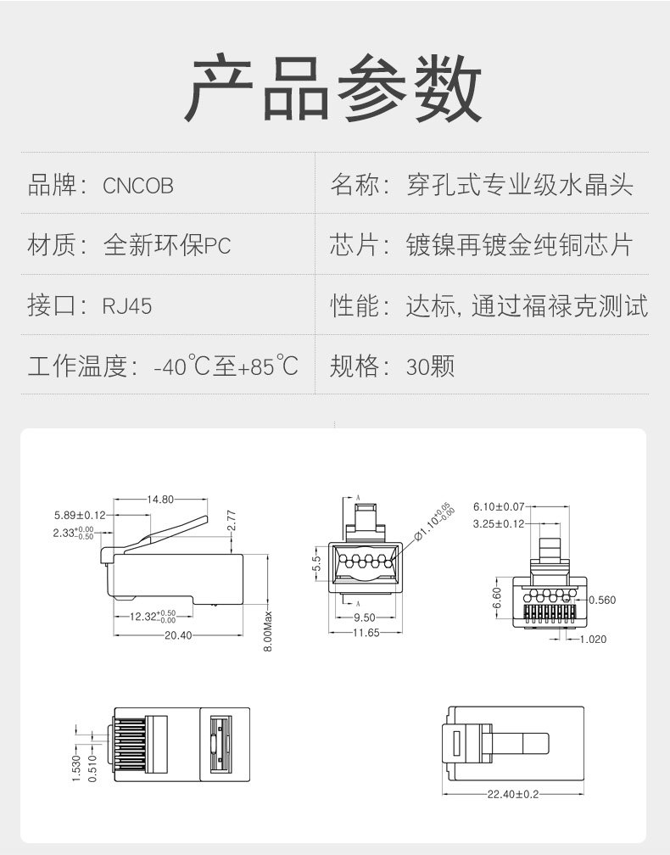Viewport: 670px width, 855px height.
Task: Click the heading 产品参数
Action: [334, 89]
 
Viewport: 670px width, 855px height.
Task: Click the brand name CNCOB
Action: [138, 186]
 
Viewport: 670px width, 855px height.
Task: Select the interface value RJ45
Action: [127, 306]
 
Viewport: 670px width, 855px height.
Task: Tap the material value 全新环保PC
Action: [167, 246]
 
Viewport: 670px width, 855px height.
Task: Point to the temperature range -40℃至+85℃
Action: [226, 367]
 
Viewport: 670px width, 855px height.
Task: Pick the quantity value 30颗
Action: [431, 367]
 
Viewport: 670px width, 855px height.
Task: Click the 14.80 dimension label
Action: [160, 500]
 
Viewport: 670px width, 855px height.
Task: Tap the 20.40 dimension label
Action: [178, 635]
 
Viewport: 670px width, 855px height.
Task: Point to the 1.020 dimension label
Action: [594, 639]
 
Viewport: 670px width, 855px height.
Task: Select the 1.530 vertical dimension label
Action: [76, 768]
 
